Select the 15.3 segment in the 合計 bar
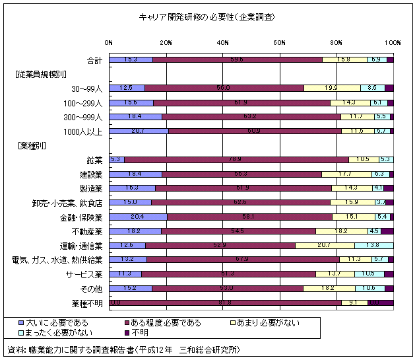click(x=131, y=60)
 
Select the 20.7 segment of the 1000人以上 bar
click(x=139, y=131)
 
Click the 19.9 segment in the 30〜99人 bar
click(x=332, y=89)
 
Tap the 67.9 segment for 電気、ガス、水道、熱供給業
click(x=242, y=260)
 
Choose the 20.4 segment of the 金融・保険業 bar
click(x=138, y=217)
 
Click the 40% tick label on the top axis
click(x=223, y=42)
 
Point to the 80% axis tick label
click(x=337, y=42)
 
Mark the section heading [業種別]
click(x=32, y=145)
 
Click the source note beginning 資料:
click(x=122, y=348)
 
